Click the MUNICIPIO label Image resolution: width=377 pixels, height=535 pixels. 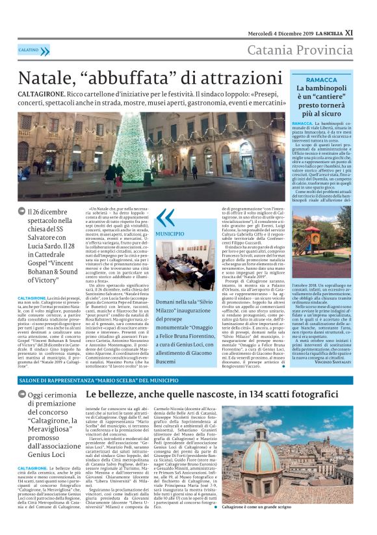(170, 233)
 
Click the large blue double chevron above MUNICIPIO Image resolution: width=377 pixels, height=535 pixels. (165, 217)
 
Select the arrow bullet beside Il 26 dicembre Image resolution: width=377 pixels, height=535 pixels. (21, 212)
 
